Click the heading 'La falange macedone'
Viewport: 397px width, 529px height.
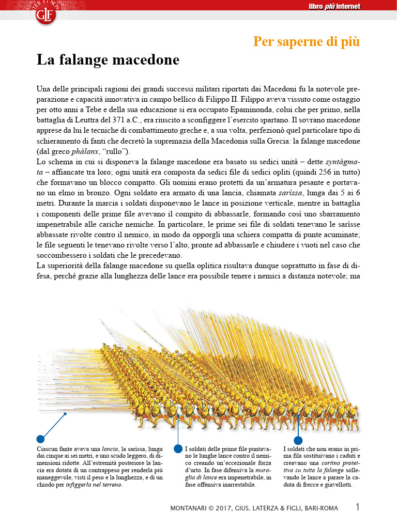(x=108, y=60)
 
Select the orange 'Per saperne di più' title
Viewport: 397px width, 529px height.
(x=306, y=41)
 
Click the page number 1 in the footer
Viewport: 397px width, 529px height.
(x=358, y=507)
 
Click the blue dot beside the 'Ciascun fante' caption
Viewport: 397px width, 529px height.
(x=40, y=439)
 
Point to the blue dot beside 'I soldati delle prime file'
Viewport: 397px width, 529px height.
(x=178, y=448)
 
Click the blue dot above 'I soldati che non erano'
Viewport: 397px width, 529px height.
(x=298, y=441)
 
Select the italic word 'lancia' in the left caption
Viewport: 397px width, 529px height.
(x=109, y=449)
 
